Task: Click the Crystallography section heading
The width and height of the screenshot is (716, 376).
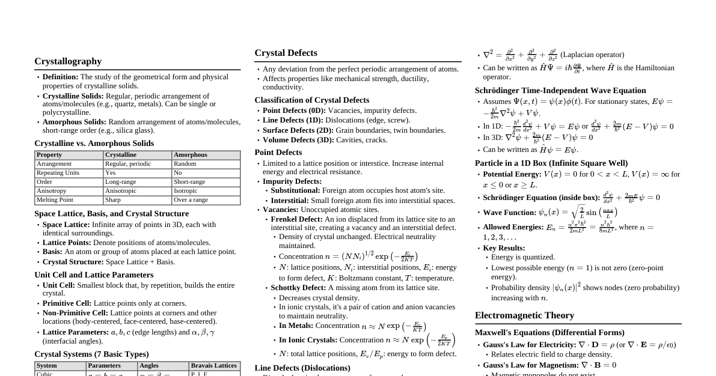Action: coord(68,61)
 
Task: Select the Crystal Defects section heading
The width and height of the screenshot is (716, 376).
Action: coord(286,53)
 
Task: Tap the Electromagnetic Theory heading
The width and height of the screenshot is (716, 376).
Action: coord(524,315)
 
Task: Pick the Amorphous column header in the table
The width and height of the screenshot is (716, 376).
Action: coord(190,155)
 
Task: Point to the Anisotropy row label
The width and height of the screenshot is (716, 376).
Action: coord(52,191)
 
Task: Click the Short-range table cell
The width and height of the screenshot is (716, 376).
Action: coord(189,182)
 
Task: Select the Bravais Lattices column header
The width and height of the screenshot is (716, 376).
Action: coord(213,366)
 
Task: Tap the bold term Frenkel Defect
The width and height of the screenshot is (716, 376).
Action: coord(296,219)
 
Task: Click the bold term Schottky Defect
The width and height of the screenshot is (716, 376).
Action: coord(298,288)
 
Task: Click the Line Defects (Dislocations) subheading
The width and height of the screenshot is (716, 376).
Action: coord(302,368)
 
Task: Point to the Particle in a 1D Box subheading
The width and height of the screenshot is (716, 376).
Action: coord(551,163)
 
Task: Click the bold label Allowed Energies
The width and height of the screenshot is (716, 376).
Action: coord(513,227)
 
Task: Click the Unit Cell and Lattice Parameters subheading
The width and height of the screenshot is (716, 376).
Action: coord(94,274)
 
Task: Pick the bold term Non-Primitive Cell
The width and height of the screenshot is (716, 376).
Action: coord(75,313)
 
